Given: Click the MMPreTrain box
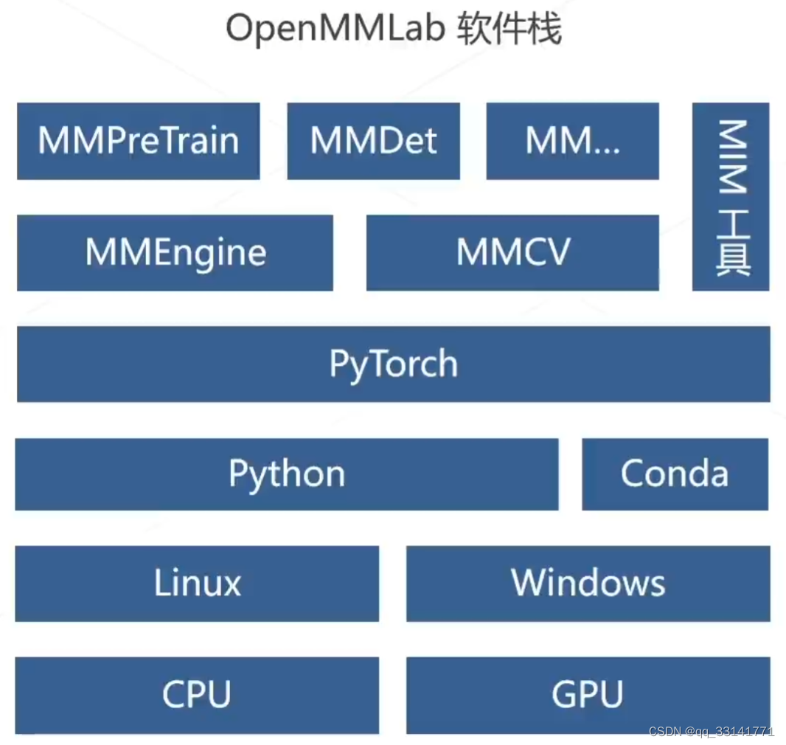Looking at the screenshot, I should pos(138,141).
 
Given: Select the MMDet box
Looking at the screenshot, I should pos(373,141).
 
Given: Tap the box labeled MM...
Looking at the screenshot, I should pos(572,141).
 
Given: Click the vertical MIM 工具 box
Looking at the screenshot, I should pos(731,197).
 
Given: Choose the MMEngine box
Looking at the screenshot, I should pos(175,253).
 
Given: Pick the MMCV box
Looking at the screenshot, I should pos(512,253).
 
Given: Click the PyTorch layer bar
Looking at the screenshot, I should pos(393,364).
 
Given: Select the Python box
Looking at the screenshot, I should pos(286,474).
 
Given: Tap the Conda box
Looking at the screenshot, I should pos(675,474).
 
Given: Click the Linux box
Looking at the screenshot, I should pos(197,583).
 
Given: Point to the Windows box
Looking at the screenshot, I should pos(588,583).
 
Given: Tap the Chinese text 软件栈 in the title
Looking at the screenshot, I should pos(509,30).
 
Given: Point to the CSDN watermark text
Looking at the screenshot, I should pos(664,732).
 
